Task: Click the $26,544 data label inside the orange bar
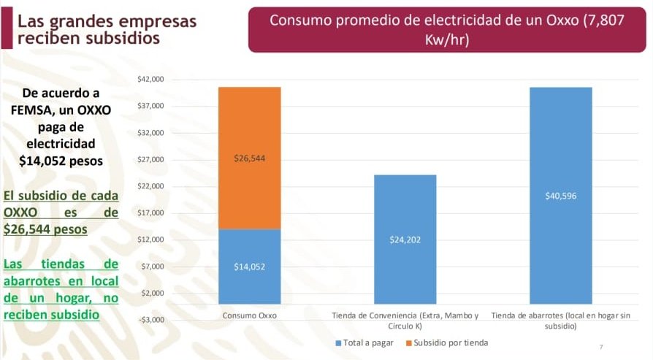249,158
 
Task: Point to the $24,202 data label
405,240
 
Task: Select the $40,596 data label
560,196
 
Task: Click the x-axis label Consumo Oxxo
249,316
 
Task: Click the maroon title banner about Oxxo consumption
446,29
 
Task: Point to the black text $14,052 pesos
61,160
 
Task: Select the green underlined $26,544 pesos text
45,229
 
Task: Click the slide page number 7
600,347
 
